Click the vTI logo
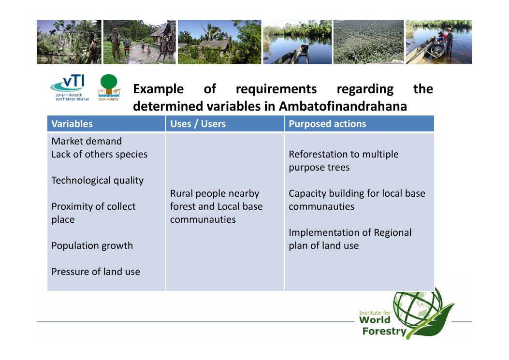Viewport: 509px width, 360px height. coord(70,87)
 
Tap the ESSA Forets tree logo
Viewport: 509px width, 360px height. coord(108,87)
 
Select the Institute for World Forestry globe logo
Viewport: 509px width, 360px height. coord(407,314)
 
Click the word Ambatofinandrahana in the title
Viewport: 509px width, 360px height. coord(343,106)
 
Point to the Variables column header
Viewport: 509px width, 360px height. coord(72,124)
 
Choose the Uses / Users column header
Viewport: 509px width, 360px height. coord(198,124)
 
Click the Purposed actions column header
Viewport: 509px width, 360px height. coord(327,124)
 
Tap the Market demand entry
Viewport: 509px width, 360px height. coord(87,141)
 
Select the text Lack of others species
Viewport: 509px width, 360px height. coord(99,154)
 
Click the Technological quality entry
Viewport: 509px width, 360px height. coord(97,181)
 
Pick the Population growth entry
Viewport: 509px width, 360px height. coord(92,246)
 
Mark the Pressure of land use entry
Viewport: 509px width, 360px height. coord(96,272)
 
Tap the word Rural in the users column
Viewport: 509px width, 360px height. coord(181,193)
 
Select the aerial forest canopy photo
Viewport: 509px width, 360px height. coord(369,42)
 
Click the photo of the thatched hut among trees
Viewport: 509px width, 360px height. coord(219,42)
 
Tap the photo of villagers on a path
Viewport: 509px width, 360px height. coord(140,42)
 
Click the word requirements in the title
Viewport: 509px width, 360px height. coord(276,89)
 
